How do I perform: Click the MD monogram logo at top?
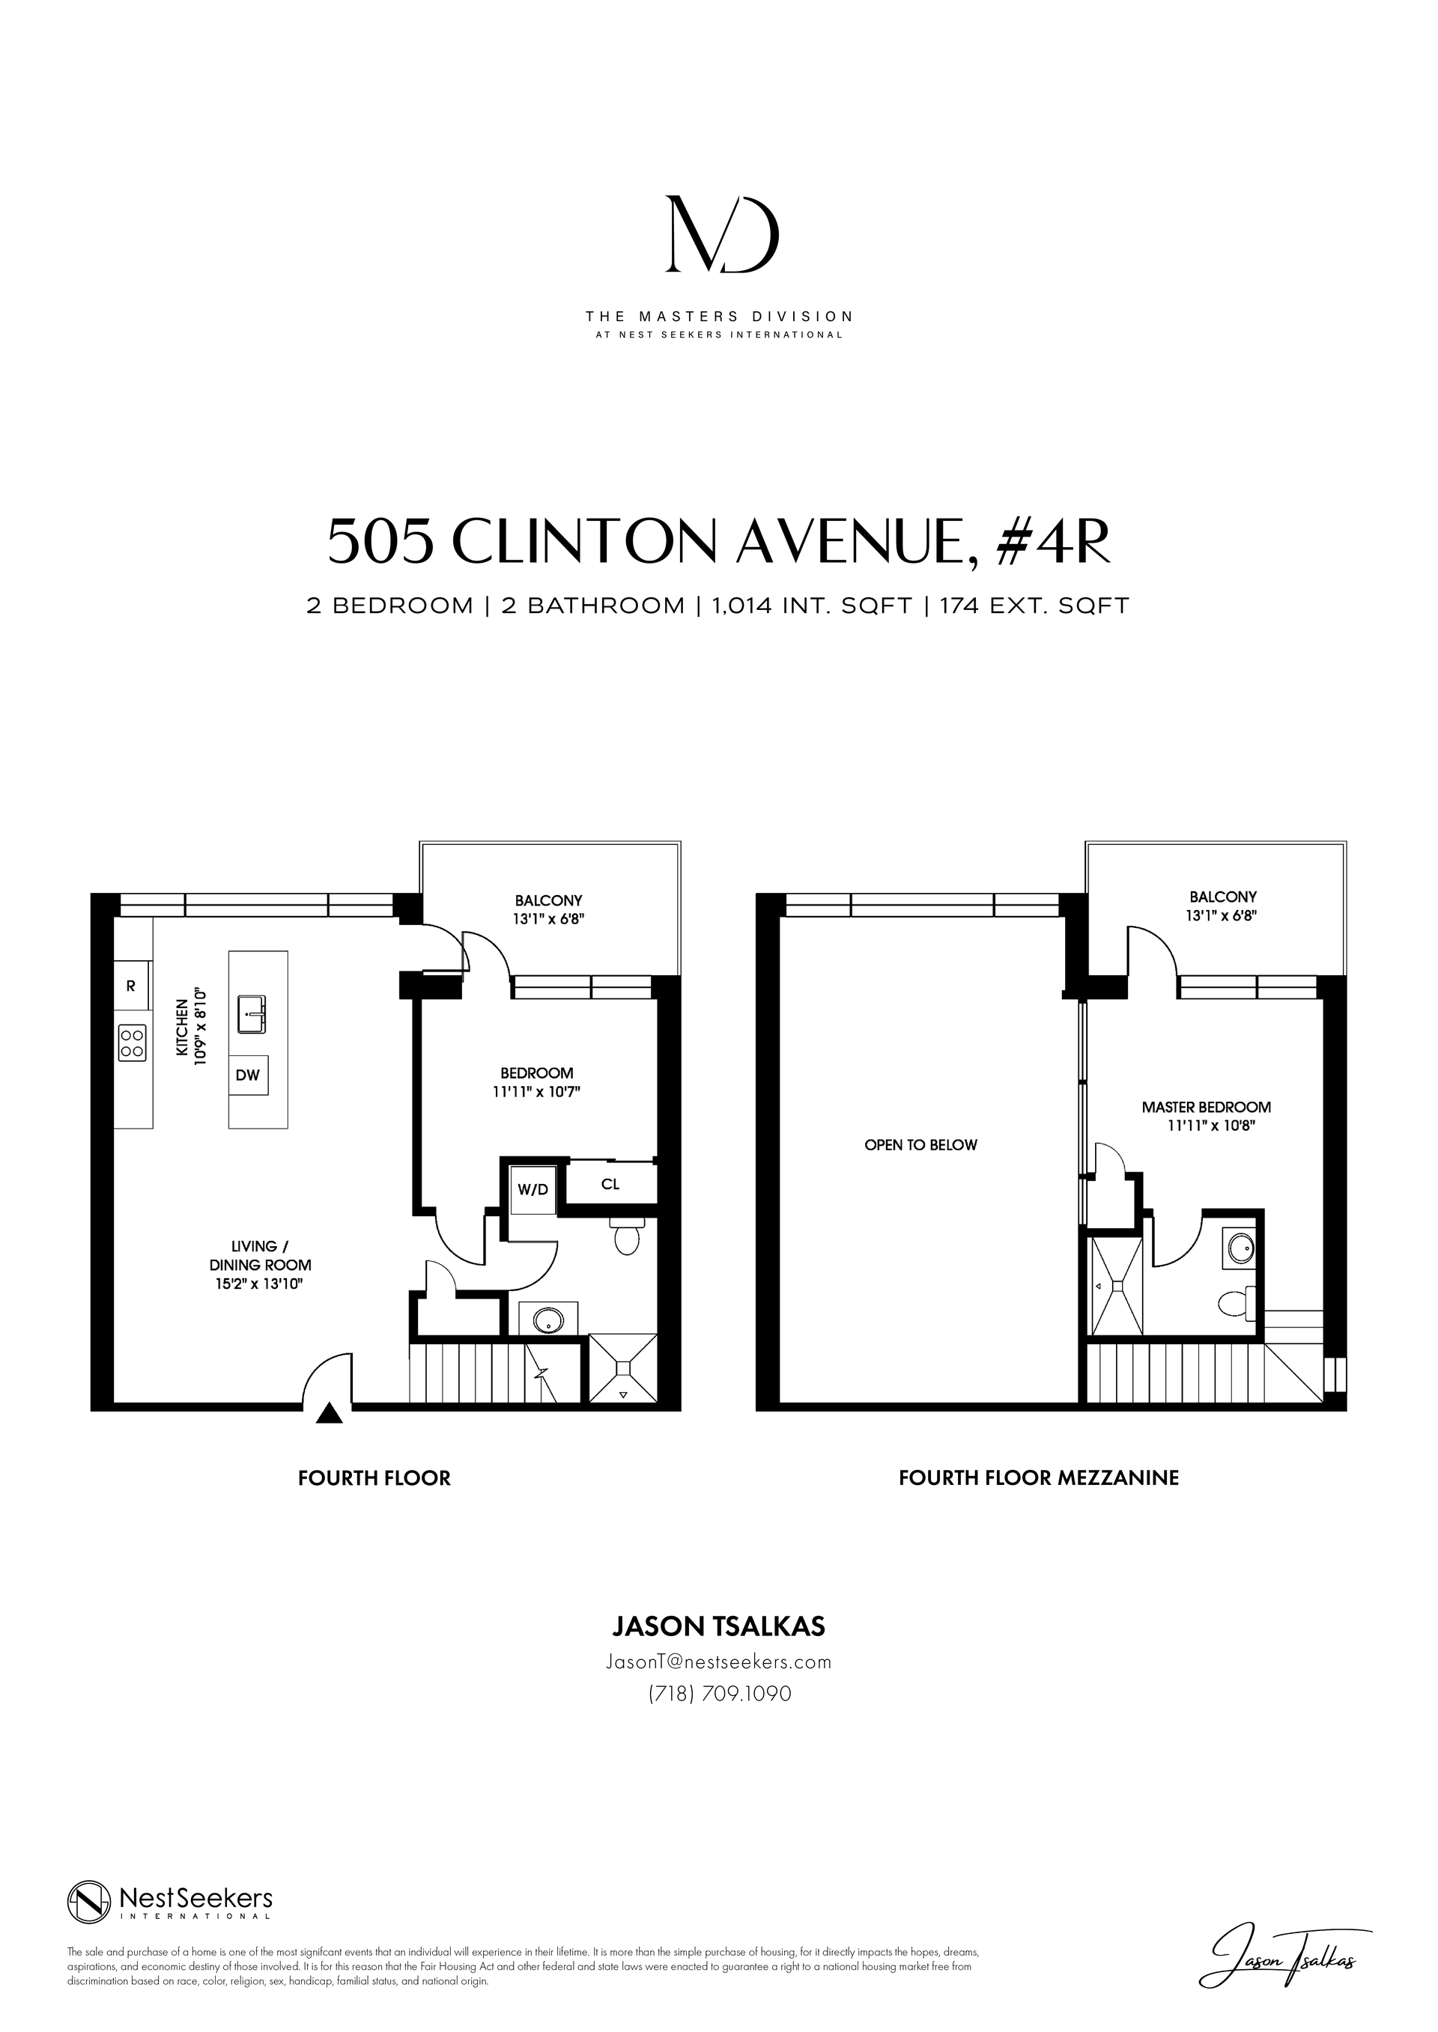722,234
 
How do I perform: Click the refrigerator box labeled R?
131,986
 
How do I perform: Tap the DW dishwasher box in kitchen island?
248,1076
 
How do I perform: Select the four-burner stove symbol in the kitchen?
132,1043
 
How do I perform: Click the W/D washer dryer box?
533,1190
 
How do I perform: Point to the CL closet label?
610,1184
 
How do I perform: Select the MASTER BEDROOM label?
1205,1107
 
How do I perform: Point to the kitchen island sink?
253,1014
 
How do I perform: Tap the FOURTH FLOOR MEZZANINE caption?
1038,1478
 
